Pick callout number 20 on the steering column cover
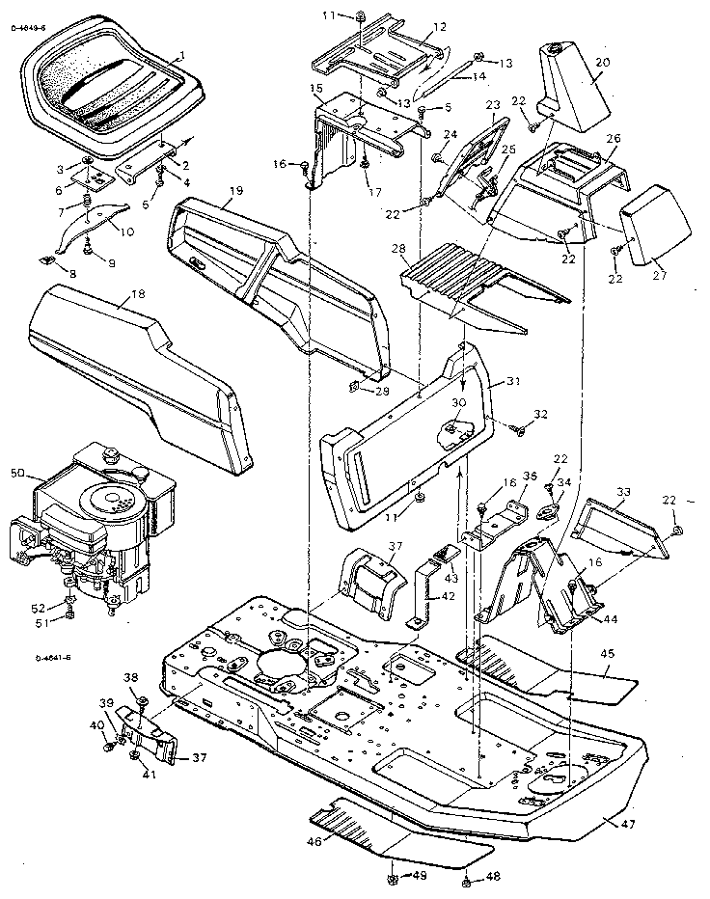(x=602, y=63)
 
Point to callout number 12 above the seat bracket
(x=439, y=26)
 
